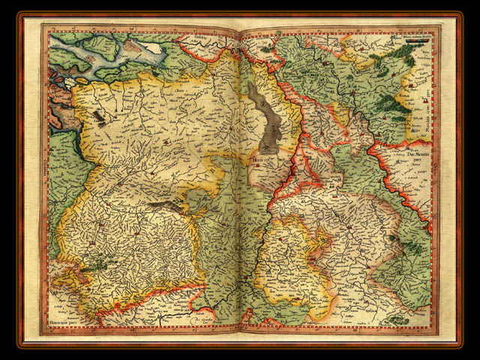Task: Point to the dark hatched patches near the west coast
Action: click(99, 116)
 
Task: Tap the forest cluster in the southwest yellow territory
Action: click(97, 262)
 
